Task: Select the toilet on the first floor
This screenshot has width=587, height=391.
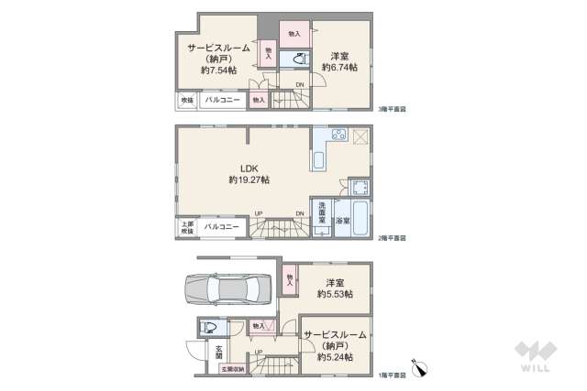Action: [x=207, y=327]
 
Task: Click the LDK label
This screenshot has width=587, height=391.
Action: [x=249, y=168]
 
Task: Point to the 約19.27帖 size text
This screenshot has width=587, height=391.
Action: [x=249, y=180]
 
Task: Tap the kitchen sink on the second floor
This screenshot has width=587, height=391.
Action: [x=318, y=161]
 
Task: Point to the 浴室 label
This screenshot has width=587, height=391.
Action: [x=340, y=221]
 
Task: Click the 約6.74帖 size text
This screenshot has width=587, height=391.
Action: [x=341, y=67]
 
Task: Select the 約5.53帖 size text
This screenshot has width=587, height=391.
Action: [x=336, y=294]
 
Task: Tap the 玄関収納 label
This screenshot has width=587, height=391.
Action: [x=233, y=370]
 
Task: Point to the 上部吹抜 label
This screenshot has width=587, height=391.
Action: [x=187, y=226]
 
